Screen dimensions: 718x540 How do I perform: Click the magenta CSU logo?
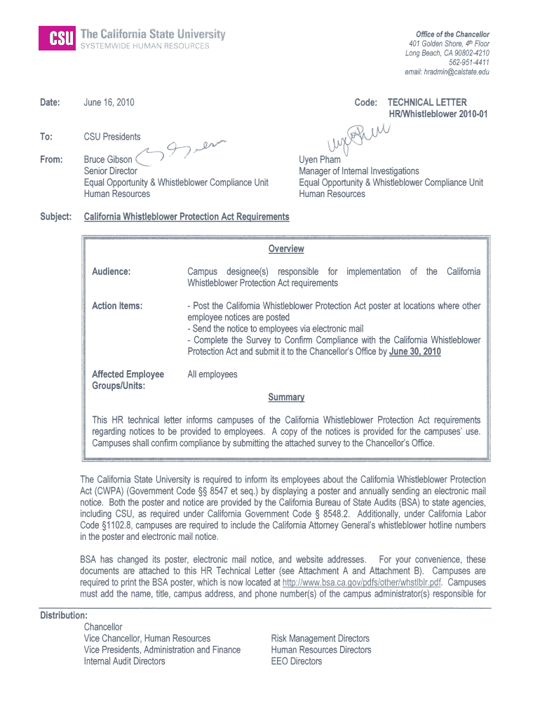(57, 39)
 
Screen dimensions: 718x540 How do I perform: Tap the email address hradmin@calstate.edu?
(447, 72)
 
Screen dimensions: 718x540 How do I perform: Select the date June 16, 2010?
(109, 102)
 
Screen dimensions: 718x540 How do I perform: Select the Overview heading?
(285, 249)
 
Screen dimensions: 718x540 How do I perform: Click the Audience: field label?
(111, 271)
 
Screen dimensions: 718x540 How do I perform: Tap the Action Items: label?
(117, 306)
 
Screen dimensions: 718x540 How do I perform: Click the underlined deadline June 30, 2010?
(415, 351)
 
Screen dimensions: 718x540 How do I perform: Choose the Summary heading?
(286, 397)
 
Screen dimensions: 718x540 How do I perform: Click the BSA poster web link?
(361, 583)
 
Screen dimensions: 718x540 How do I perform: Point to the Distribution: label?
(63, 615)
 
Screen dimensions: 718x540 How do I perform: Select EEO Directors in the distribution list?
(297, 661)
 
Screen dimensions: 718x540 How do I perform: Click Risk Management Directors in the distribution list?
(320, 638)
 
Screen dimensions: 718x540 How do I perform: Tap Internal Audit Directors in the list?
(124, 661)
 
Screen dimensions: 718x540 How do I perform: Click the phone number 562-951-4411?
(469, 62)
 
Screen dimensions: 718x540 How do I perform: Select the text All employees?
(212, 374)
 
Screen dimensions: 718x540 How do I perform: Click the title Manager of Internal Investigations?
(358, 170)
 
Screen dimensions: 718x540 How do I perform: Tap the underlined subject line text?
(187, 217)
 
